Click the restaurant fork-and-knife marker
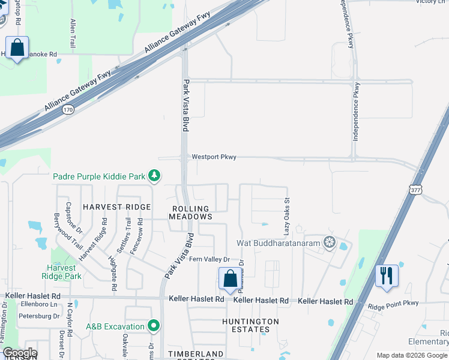[385, 275]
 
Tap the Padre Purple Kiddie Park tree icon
[155, 176]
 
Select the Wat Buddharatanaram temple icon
[328, 243]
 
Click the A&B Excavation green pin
[154, 326]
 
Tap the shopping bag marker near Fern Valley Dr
[229, 279]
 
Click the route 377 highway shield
[415, 189]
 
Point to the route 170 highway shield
[68, 109]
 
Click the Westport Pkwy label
[214, 157]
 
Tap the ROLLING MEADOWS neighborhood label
[190, 213]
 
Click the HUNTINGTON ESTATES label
[251, 325]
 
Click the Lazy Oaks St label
[287, 217]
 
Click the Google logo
[19, 353]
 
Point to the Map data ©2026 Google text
[412, 355]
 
